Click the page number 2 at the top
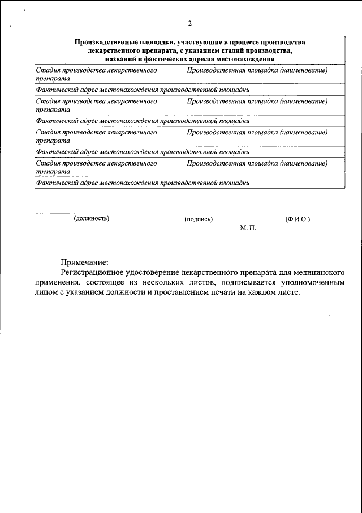(189, 23)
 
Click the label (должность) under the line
(91, 219)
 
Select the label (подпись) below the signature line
(198, 219)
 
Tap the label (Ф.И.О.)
(298, 219)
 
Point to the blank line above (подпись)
(198, 214)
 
